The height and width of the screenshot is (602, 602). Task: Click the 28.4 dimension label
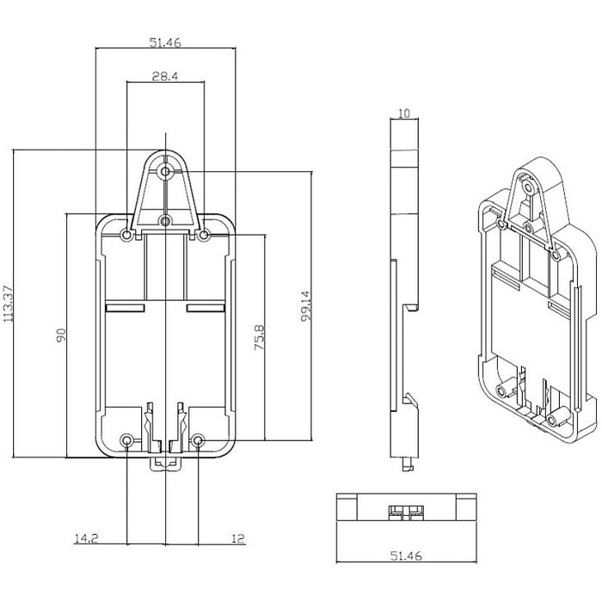click(165, 77)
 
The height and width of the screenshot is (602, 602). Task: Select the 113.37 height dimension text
click(8, 304)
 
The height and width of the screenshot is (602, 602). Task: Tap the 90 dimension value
click(61, 335)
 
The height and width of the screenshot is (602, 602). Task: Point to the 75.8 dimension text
click(260, 337)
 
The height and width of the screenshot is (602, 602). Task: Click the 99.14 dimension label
click(305, 306)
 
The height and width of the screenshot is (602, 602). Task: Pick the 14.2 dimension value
click(86, 538)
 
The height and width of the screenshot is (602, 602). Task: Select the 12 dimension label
click(238, 538)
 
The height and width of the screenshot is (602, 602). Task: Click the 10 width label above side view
click(404, 114)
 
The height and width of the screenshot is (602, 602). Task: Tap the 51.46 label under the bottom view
click(406, 556)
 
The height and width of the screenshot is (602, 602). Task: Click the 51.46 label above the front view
click(165, 42)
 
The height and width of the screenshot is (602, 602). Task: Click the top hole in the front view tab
click(165, 171)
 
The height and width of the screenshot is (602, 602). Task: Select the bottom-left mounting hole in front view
click(126, 440)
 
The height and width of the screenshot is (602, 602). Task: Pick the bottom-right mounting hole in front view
click(198, 440)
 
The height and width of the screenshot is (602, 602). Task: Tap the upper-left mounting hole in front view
click(126, 235)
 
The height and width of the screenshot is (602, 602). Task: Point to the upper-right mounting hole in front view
click(205, 235)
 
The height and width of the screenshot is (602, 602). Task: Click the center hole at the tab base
click(165, 221)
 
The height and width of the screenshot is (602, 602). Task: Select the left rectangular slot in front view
click(125, 308)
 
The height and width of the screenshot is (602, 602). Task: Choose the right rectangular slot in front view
click(206, 308)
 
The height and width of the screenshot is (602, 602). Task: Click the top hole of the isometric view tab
click(529, 188)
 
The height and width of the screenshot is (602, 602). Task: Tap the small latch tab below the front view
click(165, 464)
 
